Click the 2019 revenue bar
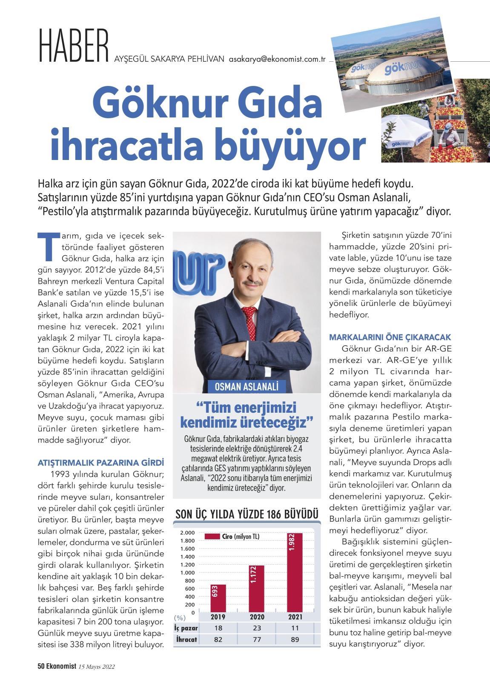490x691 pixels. [218, 598]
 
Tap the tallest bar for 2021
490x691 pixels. [295, 572]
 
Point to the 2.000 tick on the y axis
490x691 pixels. [187, 533]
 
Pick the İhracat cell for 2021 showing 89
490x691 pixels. [295, 639]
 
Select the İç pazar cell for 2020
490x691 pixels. [257, 628]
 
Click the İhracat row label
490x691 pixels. [186, 639]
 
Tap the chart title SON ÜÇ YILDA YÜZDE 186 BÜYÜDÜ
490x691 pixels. [247, 514]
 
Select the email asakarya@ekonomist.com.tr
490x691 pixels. [277, 60]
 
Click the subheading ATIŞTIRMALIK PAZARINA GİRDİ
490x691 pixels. [101, 463]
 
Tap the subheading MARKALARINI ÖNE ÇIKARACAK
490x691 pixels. [390, 337]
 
